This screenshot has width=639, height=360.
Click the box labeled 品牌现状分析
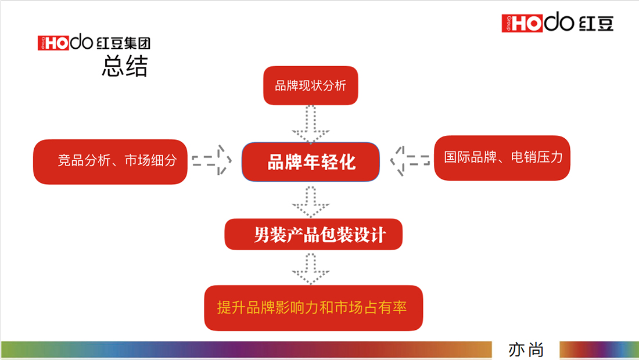point(310,86)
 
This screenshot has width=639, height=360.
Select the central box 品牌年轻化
point(311,162)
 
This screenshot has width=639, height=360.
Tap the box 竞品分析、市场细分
point(110,161)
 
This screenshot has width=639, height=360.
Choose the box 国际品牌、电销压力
point(502,157)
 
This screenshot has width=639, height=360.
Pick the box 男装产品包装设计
point(313,235)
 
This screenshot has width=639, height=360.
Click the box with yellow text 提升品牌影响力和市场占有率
point(313,308)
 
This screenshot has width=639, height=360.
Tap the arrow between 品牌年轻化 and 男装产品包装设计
point(311,201)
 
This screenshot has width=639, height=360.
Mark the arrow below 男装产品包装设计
point(311,268)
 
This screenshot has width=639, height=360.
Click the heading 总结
point(124,66)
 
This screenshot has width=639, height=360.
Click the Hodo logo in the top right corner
point(557,23)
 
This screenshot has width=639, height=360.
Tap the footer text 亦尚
point(526,350)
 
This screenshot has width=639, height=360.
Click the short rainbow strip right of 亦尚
point(598,350)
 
